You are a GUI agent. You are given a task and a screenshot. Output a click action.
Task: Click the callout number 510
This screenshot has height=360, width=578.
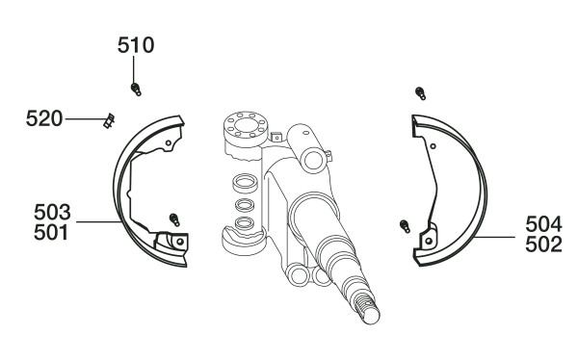[136, 45]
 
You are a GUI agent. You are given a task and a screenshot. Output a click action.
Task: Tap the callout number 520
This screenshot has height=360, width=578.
[44, 118]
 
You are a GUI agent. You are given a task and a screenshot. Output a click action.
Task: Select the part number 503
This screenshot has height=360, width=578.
[52, 212]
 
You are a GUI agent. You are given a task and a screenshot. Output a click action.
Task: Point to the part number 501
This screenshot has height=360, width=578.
[51, 233]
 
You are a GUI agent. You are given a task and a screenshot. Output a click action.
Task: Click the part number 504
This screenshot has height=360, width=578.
[543, 224]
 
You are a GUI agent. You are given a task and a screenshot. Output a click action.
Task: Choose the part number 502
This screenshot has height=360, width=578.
[543, 244]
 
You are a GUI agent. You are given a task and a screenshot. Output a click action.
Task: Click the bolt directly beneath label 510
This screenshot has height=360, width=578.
[136, 90]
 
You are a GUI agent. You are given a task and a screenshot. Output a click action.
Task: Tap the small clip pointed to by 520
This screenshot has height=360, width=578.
[109, 121]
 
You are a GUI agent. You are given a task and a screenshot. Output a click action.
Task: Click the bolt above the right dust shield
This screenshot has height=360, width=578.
[420, 93]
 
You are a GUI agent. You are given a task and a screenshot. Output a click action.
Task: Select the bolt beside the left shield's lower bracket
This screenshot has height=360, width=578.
[174, 219]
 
